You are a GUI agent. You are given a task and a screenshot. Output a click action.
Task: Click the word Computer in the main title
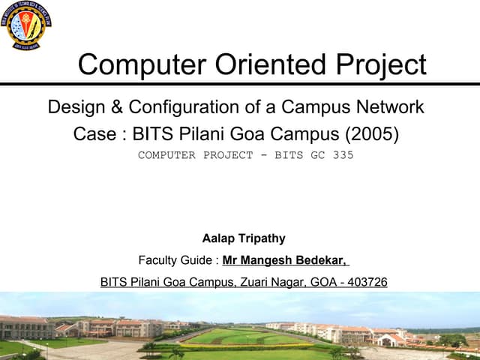pyautogui.click(x=136, y=64)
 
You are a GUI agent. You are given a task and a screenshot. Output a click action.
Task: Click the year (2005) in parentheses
pyautogui.click(x=371, y=135)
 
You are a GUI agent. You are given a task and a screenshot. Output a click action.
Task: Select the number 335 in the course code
pyautogui.click(x=342, y=155)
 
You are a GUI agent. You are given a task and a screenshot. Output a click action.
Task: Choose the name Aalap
pyautogui.click(x=218, y=238)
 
